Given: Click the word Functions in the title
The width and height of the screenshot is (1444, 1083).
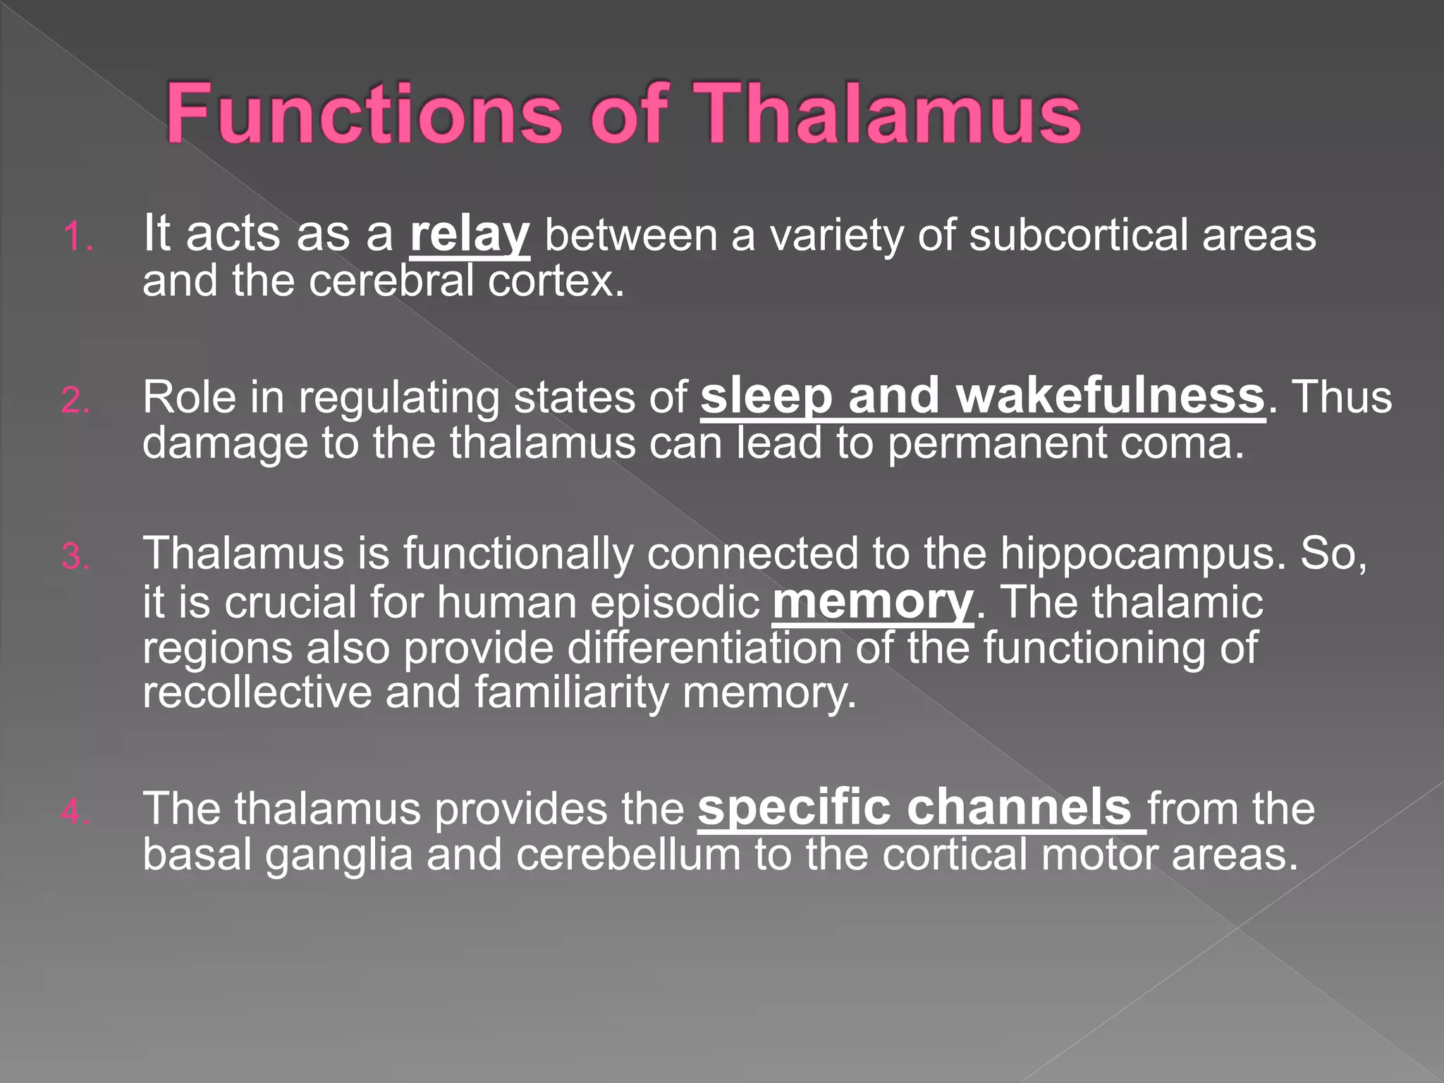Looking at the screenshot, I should point(364,114).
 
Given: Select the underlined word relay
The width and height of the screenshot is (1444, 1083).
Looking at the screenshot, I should point(469,235).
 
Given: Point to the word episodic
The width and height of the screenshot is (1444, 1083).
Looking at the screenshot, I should point(674,604).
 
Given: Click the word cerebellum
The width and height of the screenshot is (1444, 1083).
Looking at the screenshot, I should point(628,855).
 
